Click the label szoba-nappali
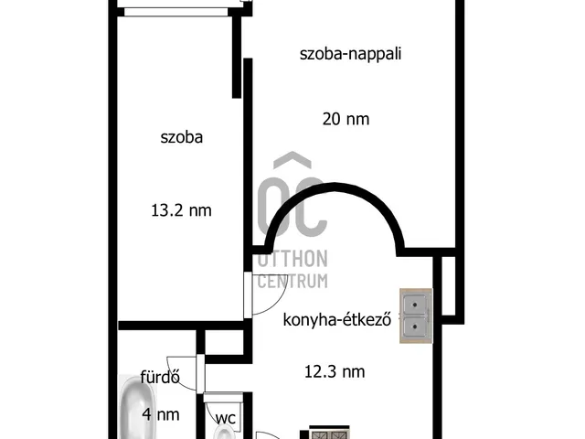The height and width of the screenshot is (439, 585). pos(351,53)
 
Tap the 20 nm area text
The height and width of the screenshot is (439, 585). pos(346,118)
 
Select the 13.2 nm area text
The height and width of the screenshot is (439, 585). pos(181,210)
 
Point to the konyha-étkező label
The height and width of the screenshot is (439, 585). pos(337,320)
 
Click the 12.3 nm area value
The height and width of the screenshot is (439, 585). pos(335,371)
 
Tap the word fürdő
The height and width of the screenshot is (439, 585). pos(159,377)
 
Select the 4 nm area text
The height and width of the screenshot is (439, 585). pos(160,414)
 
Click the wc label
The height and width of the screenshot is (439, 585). pos(227,418)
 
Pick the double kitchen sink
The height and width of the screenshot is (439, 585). pos(416,316)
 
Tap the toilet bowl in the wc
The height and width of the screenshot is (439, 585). pos(222,431)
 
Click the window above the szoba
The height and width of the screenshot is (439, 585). pos(175,12)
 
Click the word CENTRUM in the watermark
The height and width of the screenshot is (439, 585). pos(292,281)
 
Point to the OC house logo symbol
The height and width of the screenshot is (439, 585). pos(290,197)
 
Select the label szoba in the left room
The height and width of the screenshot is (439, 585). pos(181,138)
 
